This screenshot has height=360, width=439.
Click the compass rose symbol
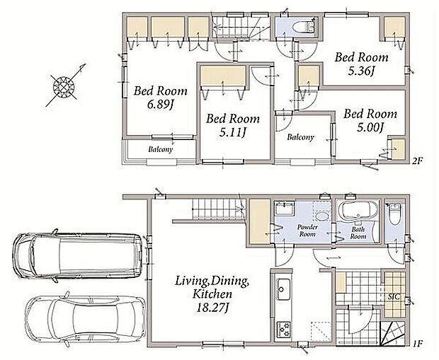click(64, 86)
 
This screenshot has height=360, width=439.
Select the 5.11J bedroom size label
click(232, 132)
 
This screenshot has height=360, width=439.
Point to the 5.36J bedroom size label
click(361, 71)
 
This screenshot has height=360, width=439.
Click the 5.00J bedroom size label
click(370, 127)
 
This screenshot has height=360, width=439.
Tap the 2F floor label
click(416, 161)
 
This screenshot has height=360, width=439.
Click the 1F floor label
click(417, 343)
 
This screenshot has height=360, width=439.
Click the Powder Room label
click(307, 231)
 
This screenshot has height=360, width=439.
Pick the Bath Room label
click(358, 233)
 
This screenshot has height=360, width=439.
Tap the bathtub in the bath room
click(358, 210)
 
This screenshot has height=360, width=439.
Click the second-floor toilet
click(303, 27)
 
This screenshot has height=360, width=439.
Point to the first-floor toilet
click(395, 214)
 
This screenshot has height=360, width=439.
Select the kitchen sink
click(283, 289)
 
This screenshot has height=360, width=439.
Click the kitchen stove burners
click(283, 330)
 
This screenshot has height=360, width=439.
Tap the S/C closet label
click(394, 297)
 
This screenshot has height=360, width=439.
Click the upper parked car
click(78, 255)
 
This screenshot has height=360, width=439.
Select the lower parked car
click(86, 318)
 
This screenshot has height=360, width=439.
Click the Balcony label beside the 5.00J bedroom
click(300, 137)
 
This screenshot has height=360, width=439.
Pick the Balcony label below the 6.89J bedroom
click(161, 149)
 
